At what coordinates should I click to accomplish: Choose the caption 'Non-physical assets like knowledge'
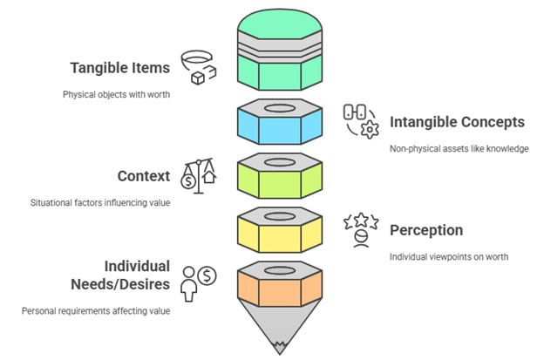[459, 148]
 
